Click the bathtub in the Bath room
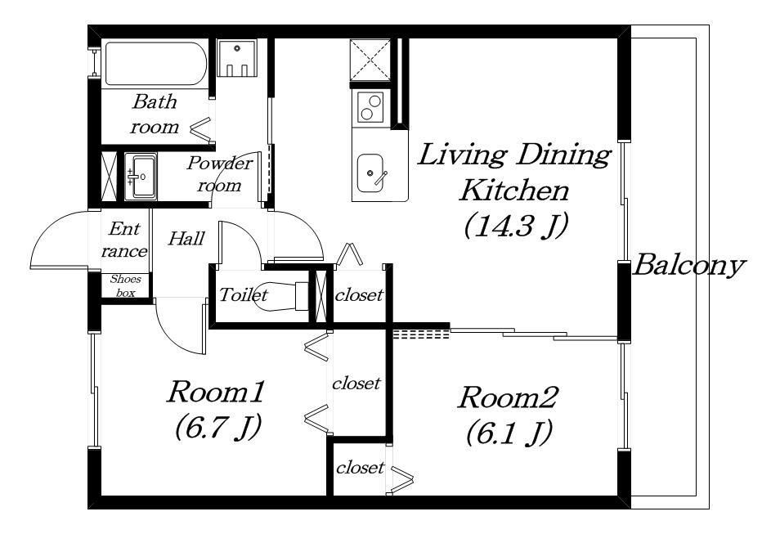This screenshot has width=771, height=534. [x=155, y=64]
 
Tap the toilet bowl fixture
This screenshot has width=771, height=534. [x=280, y=296]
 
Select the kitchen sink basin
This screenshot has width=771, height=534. [x=370, y=173]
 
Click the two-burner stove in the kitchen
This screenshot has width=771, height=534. [x=370, y=107]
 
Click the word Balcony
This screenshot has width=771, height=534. [x=689, y=266]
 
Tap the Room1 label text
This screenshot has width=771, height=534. [x=217, y=392]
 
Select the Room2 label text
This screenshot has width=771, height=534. [x=508, y=397]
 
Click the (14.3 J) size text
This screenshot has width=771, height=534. [x=516, y=226]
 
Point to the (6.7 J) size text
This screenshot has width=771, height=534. [x=217, y=427]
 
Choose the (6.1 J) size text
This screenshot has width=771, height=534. [x=509, y=433]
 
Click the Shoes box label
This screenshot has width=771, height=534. [x=125, y=285]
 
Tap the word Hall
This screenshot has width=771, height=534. [x=186, y=239]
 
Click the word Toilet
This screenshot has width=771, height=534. [x=243, y=295]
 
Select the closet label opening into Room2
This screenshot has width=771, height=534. [x=360, y=467]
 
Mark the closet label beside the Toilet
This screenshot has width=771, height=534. [x=359, y=295]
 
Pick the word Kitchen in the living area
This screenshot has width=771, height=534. [x=513, y=191]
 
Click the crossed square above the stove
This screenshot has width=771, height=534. [x=370, y=59]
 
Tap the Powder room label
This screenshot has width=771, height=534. [x=219, y=174]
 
